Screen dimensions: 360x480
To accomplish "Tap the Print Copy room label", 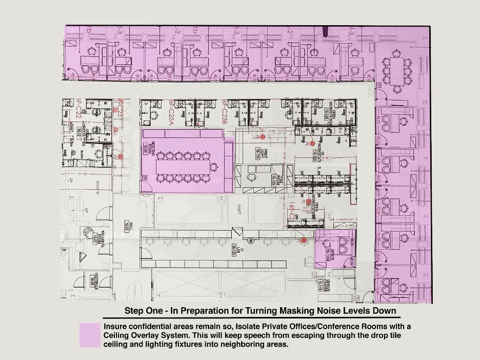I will [x=258, y=152].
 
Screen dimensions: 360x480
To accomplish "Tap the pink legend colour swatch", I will [x=90, y=335].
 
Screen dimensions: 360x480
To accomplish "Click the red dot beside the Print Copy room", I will [x=263, y=137].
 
